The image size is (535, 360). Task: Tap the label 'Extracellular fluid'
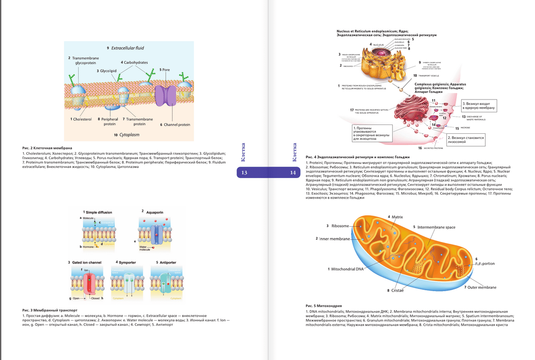pos(127,48)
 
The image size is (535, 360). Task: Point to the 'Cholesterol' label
pos(82,119)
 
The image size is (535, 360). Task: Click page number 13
pos(244,173)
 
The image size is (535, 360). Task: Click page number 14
pos(293,173)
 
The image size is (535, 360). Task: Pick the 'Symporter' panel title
pos(127,262)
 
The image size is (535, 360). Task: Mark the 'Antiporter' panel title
pos(168,262)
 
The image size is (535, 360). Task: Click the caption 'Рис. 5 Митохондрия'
pos(323,306)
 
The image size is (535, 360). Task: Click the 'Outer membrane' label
pos(482,288)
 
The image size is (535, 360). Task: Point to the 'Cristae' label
pos(398,290)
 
